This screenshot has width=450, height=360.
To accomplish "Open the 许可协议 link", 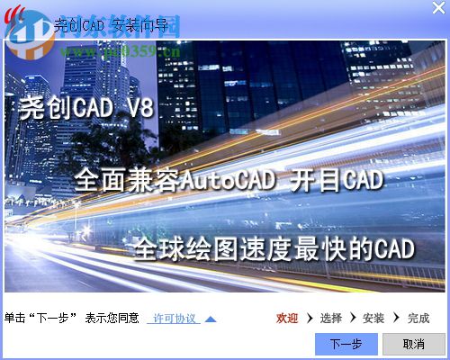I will [174, 319].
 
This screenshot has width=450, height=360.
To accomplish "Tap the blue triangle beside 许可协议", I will [210, 319].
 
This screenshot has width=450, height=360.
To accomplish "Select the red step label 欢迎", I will [287, 319].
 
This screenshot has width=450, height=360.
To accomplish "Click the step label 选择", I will [330, 319].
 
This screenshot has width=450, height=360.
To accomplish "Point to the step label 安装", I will [373, 319].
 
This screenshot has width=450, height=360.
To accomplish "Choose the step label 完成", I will [418, 319].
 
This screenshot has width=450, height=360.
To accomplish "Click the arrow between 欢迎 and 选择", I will [309, 319].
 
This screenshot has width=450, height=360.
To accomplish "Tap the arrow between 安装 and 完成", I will [396, 319].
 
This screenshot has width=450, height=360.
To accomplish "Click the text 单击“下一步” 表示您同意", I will [72, 319].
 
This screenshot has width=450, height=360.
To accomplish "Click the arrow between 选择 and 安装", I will [353, 319].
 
